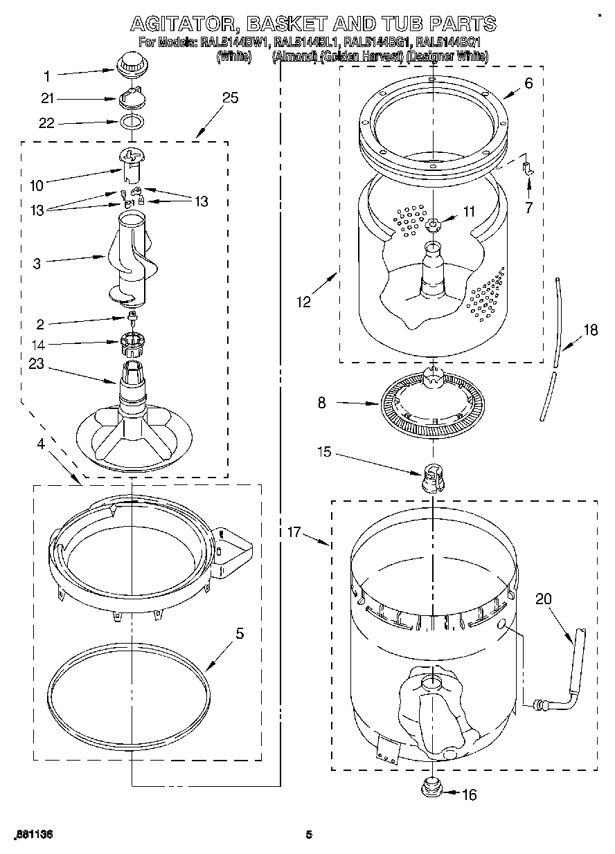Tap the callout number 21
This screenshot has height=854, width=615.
(x=47, y=99)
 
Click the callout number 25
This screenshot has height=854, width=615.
(x=230, y=98)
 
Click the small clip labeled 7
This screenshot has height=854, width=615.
(x=528, y=167)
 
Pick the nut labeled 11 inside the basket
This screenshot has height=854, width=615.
(x=433, y=223)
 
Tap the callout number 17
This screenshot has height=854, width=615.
(x=295, y=532)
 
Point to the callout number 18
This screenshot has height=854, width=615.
(x=589, y=330)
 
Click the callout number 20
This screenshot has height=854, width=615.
(x=543, y=599)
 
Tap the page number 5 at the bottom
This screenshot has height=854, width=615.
(x=309, y=835)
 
